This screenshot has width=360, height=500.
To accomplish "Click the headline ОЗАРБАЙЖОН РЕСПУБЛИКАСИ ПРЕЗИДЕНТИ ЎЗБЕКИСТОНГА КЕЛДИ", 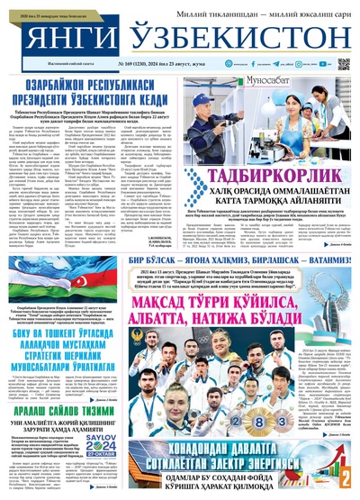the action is tap(95, 90).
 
